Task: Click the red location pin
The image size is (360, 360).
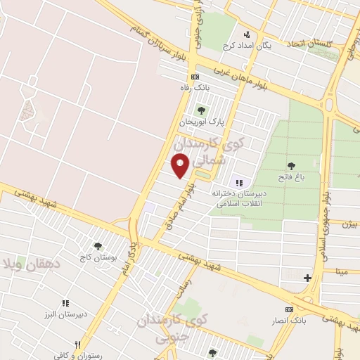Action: tap(181, 166)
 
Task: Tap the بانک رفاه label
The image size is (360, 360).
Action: tap(194, 86)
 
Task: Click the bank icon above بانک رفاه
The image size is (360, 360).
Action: tap(194, 77)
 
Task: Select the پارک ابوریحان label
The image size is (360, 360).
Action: tap(201, 121)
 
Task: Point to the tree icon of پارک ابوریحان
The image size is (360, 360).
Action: tap(202, 110)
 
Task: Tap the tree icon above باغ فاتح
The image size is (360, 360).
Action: tap(291, 166)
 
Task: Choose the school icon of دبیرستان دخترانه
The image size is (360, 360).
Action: tap(239, 182)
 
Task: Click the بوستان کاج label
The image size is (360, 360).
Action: tap(97, 258)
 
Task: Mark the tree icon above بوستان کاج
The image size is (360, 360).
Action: tap(97, 246)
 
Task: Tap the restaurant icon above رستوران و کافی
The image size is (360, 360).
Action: tap(78, 345)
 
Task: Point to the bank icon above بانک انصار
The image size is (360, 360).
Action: tap(289, 310)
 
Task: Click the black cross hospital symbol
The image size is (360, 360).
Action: tap(307, 278)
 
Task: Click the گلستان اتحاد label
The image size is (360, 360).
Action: tap(309, 44)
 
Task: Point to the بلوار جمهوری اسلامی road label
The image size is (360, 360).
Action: tap(323, 225)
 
